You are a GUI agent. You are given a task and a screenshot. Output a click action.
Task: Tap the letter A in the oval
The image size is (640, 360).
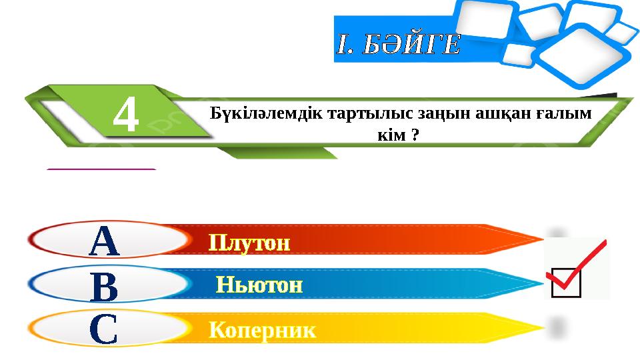[x=105, y=241]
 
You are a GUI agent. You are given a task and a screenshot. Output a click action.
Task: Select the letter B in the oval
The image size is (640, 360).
[x=105, y=286]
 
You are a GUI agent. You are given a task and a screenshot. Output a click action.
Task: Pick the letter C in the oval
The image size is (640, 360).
[x=104, y=330]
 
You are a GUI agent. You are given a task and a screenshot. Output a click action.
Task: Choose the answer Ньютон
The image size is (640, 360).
[x=259, y=286]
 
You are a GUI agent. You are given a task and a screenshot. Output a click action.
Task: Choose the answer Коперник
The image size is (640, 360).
[x=263, y=330]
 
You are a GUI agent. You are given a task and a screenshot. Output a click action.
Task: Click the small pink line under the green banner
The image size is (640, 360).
[x=101, y=170]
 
